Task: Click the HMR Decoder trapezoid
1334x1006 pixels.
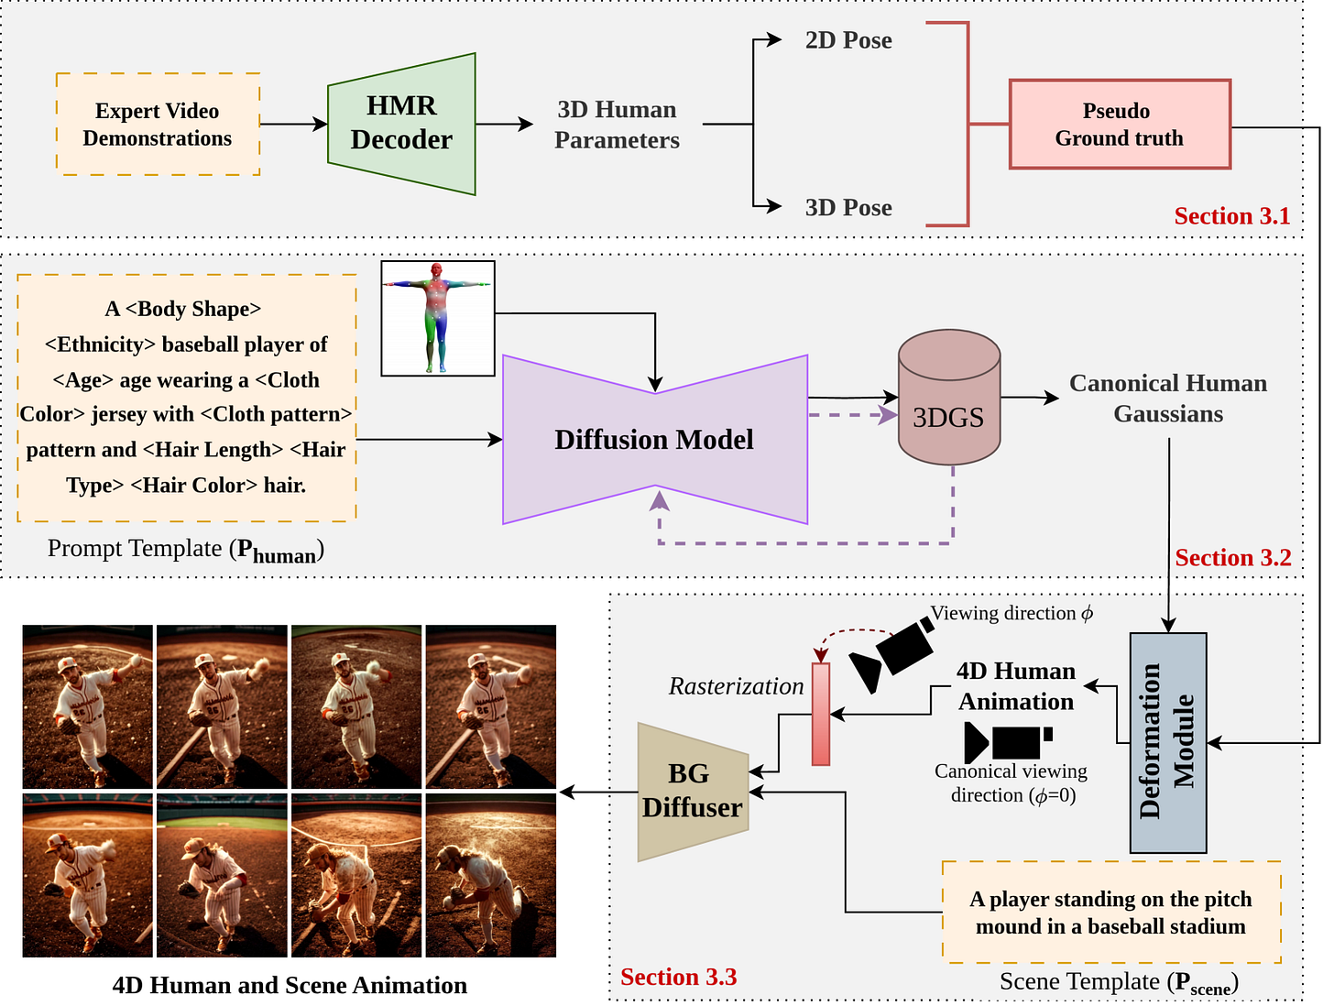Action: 401,124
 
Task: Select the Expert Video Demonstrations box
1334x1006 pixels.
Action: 158,124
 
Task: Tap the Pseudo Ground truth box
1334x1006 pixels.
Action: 1120,124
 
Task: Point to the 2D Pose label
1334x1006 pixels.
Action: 848,40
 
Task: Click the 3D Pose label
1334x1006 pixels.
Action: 848,207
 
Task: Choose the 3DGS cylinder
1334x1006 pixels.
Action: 948,398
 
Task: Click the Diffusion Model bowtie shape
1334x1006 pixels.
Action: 655,439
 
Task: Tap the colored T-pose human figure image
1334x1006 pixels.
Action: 438,318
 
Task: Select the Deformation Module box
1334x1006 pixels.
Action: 1167,742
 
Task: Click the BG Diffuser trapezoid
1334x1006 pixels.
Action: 693,791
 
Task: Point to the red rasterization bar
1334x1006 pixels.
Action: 820,714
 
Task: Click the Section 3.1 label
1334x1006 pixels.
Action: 1232,215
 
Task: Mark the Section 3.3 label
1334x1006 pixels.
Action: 678,977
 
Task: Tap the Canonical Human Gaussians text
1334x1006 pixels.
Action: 1168,398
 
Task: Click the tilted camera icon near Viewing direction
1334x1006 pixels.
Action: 891,654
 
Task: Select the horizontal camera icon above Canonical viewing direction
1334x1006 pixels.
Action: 1008,742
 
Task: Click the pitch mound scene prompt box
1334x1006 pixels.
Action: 1111,912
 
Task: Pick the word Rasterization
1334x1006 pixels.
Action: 736,686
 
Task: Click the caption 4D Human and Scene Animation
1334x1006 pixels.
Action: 290,985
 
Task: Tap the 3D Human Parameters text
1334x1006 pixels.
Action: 617,125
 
